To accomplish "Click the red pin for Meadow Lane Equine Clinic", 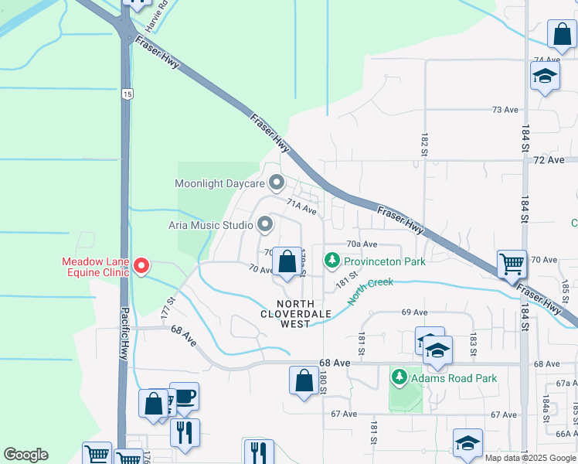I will tap(141, 266).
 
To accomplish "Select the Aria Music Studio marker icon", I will tap(265, 225).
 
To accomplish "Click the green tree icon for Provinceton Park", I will tap(333, 261).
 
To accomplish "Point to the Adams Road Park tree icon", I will tap(399, 378).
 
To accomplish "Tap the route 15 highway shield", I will tap(127, 94).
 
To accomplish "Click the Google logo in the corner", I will tap(25, 455).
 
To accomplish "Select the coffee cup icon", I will tap(184, 397).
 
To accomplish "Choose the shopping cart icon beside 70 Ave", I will tap(512, 264).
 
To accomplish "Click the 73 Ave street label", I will tap(505, 110).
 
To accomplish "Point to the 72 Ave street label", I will tap(549, 159).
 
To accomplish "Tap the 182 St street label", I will tap(424, 143).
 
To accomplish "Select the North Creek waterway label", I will tap(369, 292).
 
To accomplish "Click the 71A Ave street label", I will tap(301, 207).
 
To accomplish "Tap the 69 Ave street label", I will tap(414, 312).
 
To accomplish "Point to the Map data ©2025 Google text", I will tap(530, 458).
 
